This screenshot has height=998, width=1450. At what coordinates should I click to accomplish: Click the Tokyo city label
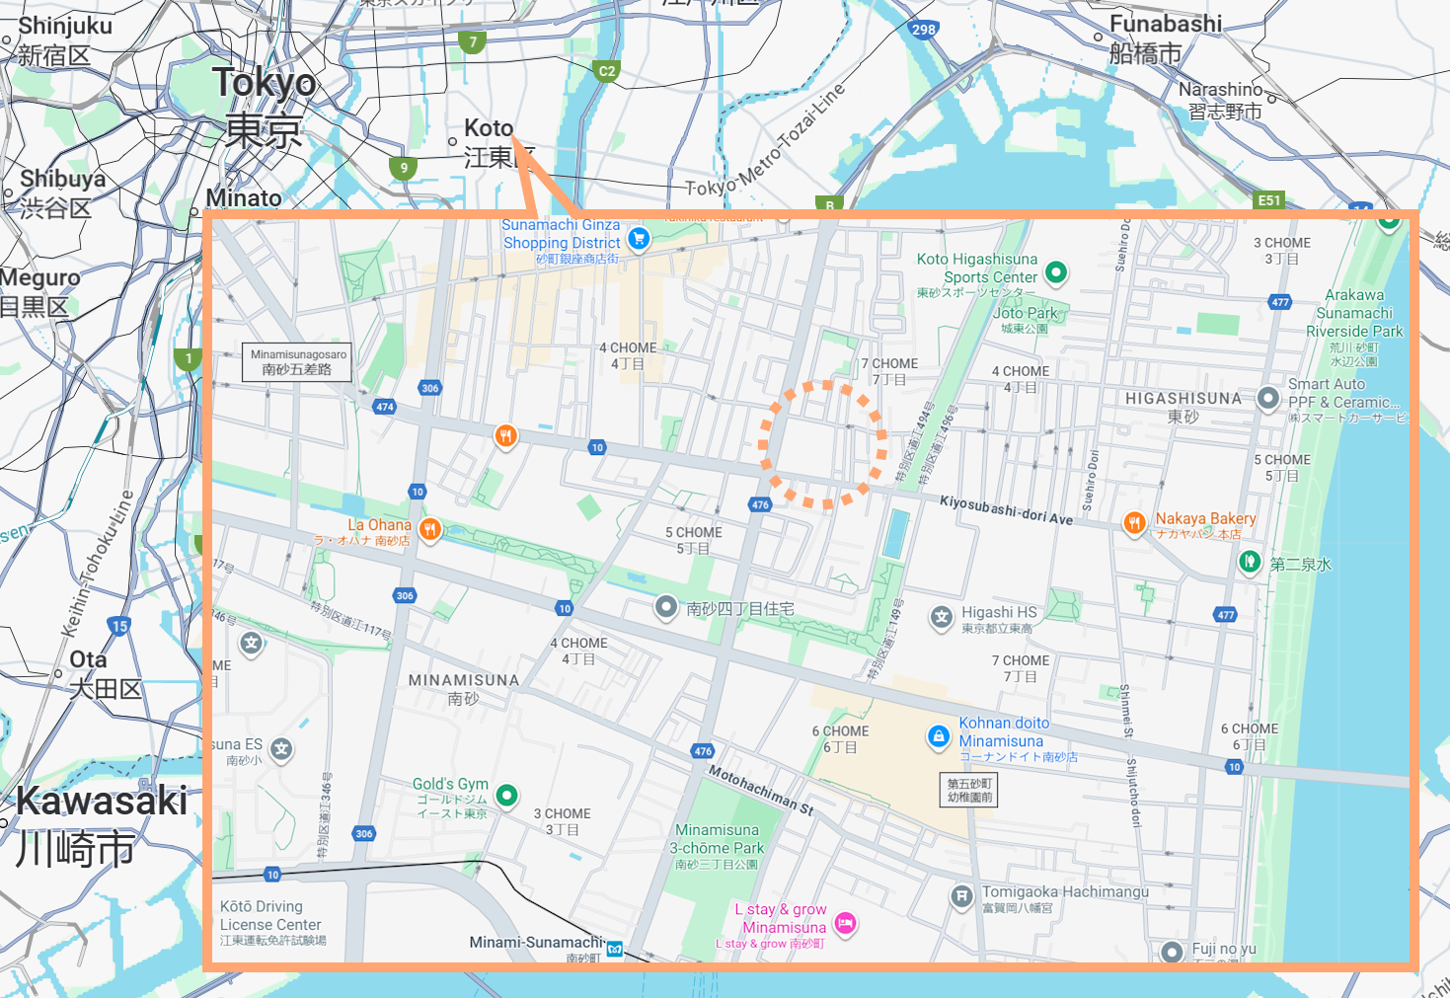coord(264,83)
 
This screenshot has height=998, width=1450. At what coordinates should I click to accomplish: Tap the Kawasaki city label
coord(102,801)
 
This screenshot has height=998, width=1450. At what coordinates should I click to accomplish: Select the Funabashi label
coord(1165,24)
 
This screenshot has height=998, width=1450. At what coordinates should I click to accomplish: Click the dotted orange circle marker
coord(822,445)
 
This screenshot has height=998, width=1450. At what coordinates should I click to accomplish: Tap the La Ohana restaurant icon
coord(429,529)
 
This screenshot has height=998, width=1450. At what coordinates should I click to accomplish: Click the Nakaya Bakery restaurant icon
coord(1134,522)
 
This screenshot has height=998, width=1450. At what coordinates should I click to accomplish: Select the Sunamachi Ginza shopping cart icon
coord(639,238)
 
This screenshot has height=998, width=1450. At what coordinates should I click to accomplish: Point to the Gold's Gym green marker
coord(506,795)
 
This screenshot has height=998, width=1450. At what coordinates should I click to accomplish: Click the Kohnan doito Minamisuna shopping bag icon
coord(938,736)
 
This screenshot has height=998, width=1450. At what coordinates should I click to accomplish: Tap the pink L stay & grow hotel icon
coord(845,923)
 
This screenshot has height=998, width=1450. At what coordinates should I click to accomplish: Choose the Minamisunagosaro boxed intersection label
coord(297,362)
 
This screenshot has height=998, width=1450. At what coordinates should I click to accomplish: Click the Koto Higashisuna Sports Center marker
coord(1056,271)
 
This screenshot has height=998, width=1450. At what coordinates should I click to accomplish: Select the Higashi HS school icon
coord(942,618)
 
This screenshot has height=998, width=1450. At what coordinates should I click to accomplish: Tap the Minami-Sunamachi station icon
coord(615,949)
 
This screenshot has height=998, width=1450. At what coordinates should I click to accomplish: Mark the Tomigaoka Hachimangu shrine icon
coord(961,896)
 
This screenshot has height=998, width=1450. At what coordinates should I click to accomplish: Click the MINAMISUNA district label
coord(463,680)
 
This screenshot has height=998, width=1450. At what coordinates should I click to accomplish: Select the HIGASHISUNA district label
coord(1183,399)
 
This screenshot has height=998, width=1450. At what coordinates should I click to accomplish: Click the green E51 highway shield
coord(1268,199)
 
